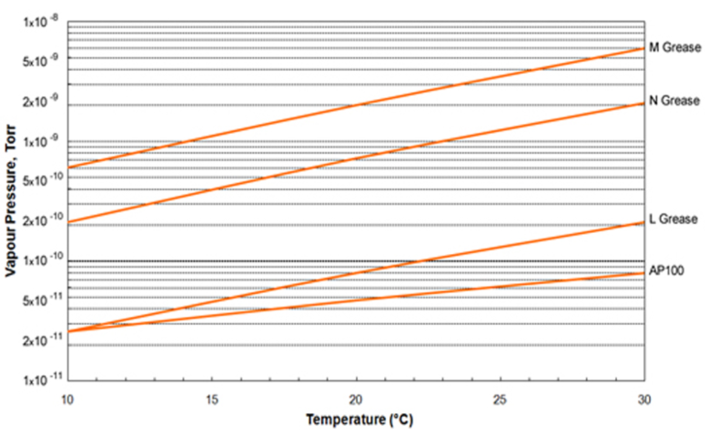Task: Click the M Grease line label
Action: point(674,47)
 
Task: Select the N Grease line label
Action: point(674,100)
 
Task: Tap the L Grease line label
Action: point(674,219)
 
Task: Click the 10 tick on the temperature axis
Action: point(67,400)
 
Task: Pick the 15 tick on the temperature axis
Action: point(211,400)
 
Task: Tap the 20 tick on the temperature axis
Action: point(356,400)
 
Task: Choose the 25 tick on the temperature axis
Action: point(500,400)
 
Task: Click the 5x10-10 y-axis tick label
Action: point(41,181)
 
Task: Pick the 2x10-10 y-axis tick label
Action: point(41,221)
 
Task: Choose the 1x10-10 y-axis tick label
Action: point(41,260)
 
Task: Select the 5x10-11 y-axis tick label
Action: point(41,300)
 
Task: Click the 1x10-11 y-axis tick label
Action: point(41,377)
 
